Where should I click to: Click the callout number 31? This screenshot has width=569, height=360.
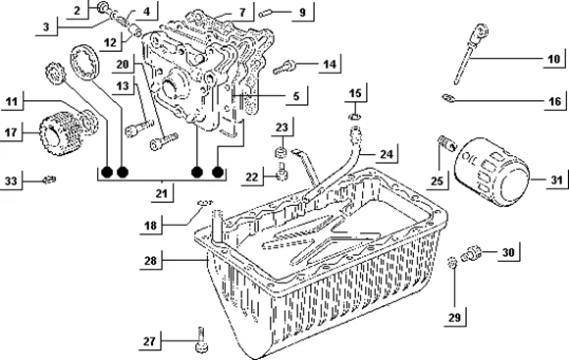(x=556, y=180)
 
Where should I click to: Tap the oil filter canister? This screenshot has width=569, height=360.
(x=492, y=172)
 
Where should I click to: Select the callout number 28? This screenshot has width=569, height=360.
(x=150, y=261)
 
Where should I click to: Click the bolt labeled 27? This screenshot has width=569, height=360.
(x=201, y=339)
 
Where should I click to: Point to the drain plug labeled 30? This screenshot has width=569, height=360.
(x=471, y=253)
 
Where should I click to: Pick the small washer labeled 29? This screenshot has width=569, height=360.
(x=452, y=262)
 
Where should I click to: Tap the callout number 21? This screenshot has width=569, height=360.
(x=162, y=193)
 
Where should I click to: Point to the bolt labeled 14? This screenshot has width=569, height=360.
(x=285, y=67)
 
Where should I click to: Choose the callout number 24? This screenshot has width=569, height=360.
(x=387, y=154)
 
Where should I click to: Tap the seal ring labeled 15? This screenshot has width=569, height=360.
(x=354, y=117)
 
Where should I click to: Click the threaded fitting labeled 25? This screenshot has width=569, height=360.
(x=445, y=143)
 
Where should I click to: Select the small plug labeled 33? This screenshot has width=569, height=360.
(x=49, y=180)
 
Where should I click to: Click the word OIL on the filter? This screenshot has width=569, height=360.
(x=471, y=159)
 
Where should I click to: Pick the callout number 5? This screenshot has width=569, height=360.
(x=296, y=96)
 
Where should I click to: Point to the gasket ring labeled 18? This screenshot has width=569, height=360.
(x=205, y=202)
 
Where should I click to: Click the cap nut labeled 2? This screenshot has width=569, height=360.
(x=103, y=7)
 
